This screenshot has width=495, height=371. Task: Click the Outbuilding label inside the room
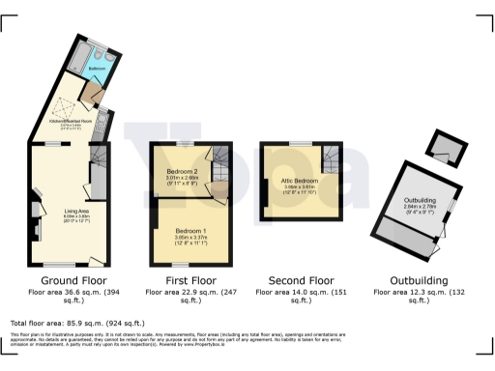click(x=420, y=200)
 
